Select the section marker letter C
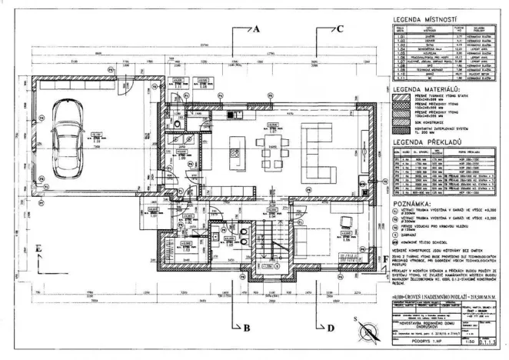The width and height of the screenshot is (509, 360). (x=339, y=28)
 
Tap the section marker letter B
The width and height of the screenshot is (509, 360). (x=247, y=328)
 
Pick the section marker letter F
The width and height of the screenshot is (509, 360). (x=384, y=261)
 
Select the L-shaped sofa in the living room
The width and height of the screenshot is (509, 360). (x=323, y=145)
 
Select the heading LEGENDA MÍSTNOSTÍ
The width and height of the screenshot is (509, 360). (x=425, y=18)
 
